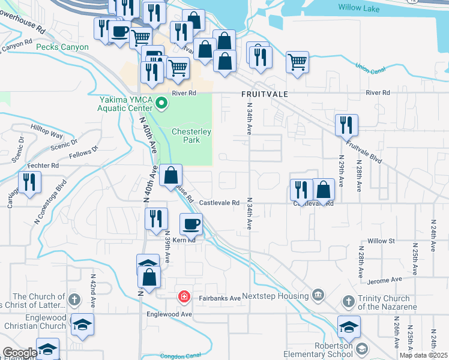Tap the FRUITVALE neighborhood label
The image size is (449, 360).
coord(265,94)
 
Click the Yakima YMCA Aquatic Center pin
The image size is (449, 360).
coord(161,104)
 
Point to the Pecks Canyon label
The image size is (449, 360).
coord(62,47)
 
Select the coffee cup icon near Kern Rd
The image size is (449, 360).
coord(191,224)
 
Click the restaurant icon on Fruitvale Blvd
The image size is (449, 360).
coord(346,125)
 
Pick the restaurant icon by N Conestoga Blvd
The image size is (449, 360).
coord(29,181)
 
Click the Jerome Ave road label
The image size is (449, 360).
coord(388,280)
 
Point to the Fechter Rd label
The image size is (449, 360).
coord(46,165)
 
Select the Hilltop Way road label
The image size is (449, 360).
coord(47,136)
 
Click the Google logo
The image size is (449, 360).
coord(20,352)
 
